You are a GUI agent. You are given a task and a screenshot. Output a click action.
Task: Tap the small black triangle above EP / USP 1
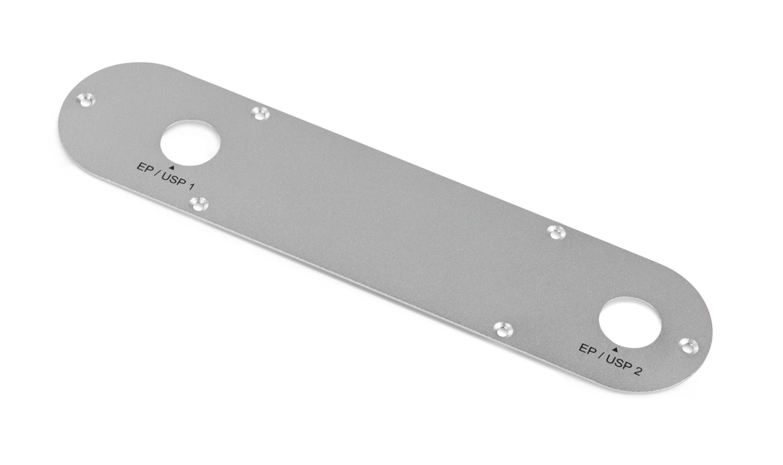point(171,168)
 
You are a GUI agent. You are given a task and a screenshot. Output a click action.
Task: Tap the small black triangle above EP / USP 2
point(615,349)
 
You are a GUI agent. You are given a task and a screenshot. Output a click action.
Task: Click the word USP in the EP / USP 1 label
point(174,179)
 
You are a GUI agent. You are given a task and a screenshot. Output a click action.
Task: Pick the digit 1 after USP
point(191,187)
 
